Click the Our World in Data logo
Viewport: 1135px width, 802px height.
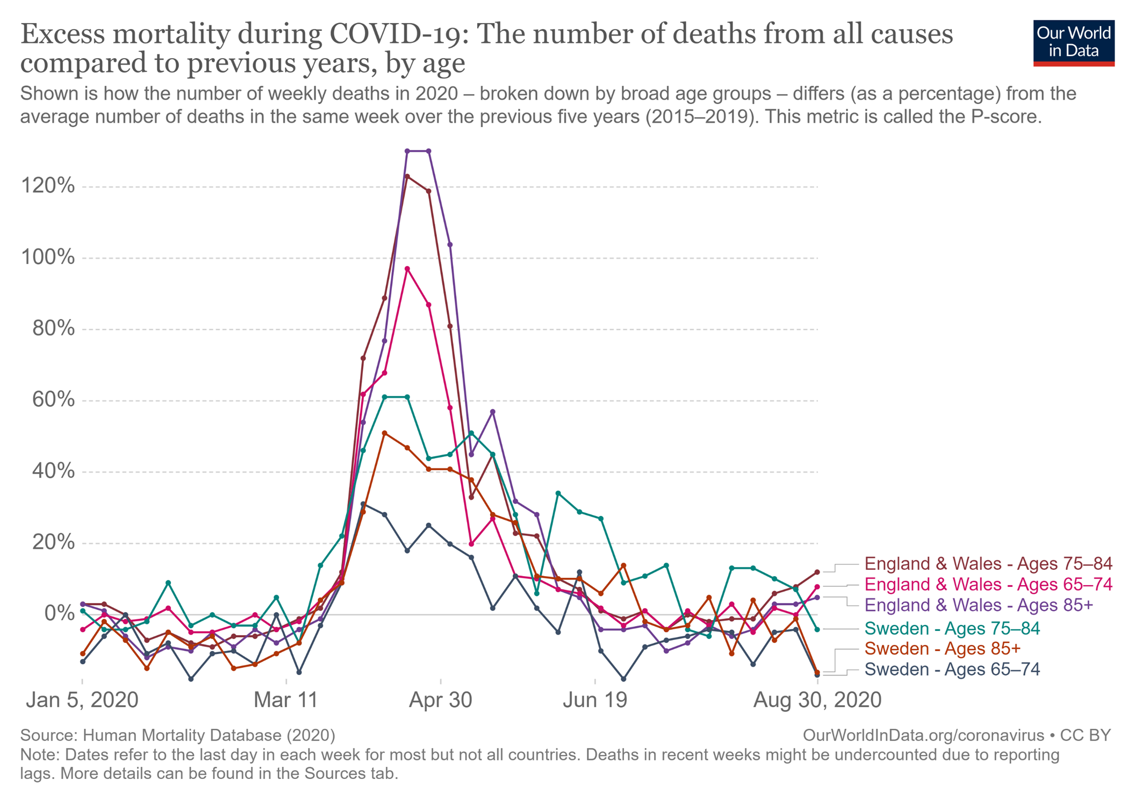coord(1073,43)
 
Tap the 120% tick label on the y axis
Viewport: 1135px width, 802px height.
coord(48,186)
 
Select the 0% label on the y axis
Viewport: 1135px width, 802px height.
coord(59,613)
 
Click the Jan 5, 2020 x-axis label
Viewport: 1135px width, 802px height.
coord(82,700)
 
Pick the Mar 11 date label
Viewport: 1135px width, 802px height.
coord(286,700)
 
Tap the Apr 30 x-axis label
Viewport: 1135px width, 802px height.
coord(441,700)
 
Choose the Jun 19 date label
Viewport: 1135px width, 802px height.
coord(595,700)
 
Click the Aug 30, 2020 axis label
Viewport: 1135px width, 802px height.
coord(817,700)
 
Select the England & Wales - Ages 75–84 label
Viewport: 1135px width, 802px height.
coord(988,564)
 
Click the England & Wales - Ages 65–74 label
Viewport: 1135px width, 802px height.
coord(988,584)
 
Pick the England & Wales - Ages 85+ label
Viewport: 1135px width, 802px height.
coord(978,605)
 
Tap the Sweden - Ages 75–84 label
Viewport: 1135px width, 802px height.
coord(952,628)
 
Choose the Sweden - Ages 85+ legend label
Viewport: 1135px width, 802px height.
coord(942,649)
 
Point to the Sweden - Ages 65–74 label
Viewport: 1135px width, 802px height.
coord(952,670)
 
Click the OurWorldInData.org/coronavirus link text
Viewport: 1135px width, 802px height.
coord(923,735)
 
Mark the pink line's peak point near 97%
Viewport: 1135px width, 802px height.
coord(407,269)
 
